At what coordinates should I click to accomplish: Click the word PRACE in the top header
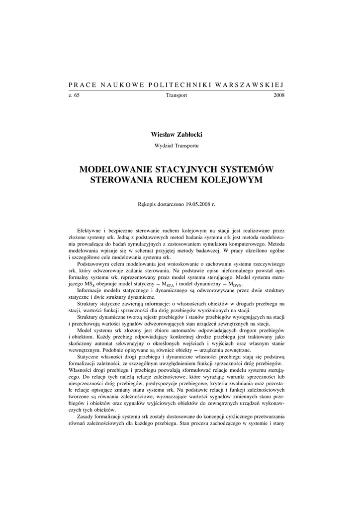[x=81, y=85]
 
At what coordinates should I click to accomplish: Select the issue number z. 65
[x=74, y=95]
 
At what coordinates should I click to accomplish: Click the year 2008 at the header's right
[x=279, y=95]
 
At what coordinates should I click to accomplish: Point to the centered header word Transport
[x=177, y=95]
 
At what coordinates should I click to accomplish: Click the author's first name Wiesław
[x=163, y=134]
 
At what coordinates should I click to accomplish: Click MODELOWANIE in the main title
[x=118, y=170]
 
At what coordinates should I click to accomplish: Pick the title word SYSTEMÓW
[x=249, y=170]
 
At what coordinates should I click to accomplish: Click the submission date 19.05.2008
[x=188, y=204]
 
